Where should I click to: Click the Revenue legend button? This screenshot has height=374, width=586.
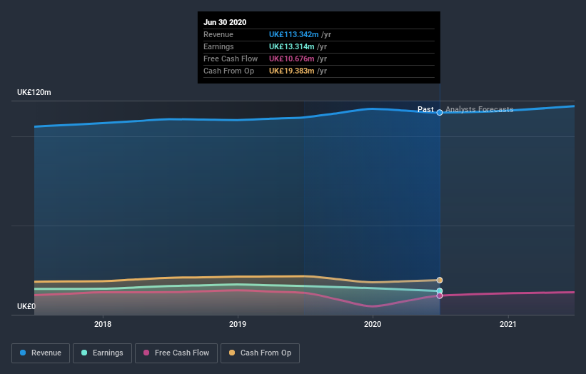pos(41,353)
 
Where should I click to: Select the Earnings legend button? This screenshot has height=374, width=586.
pos(103,353)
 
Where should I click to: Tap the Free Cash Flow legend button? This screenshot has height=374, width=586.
pos(176,353)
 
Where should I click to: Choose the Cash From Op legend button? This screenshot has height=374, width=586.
pos(261,353)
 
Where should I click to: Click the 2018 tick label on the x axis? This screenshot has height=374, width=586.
pos(103,324)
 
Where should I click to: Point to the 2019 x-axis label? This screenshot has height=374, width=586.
pos(238,324)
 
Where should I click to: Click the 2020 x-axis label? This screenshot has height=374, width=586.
pos(373,324)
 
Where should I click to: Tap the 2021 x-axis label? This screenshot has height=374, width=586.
pos(507,324)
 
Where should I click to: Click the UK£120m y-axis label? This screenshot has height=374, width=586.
pos(34,93)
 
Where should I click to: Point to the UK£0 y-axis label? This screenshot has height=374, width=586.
pos(26,306)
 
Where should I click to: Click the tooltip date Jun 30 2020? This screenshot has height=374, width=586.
pos(225,22)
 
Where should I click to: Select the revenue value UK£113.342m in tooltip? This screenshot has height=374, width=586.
pos(293,34)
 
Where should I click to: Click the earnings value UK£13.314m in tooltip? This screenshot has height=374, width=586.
pos(291,46)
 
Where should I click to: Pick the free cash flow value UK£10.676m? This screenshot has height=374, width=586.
pos(291,59)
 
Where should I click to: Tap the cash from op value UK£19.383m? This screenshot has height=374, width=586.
pos(291,71)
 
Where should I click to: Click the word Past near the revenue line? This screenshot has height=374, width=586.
pos(425,110)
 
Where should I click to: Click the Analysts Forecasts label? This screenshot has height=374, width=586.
pos(479,110)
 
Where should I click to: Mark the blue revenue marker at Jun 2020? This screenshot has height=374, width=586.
pos(440,112)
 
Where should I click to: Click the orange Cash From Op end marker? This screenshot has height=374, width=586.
pos(440,280)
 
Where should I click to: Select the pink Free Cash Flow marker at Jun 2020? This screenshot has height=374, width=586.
pos(440,295)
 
